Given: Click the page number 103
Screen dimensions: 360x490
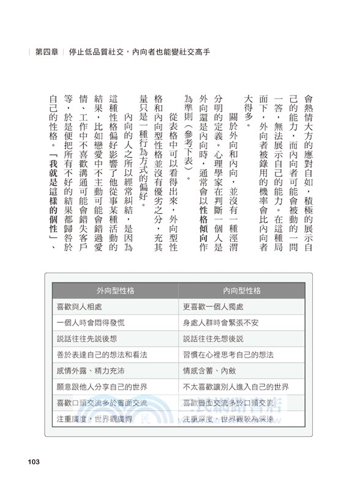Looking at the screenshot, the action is (30, 461).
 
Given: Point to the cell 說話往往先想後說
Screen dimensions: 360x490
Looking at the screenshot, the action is (213, 338).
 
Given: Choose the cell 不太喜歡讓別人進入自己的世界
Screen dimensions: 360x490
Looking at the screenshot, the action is (236, 386).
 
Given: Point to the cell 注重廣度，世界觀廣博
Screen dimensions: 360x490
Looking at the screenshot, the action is (94, 419).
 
